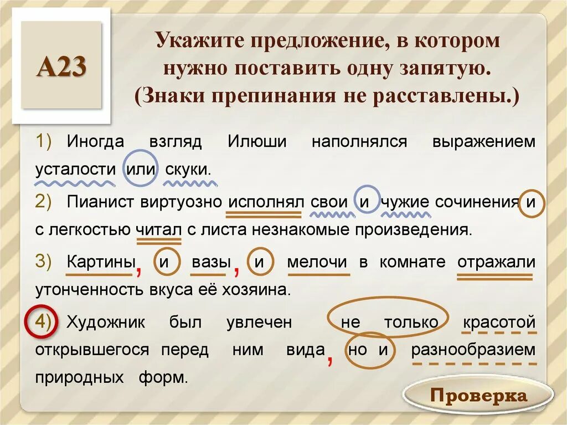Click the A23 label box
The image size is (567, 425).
62,67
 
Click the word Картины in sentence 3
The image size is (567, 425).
101,262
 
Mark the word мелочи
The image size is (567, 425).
317,262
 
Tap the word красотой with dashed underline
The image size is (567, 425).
498,322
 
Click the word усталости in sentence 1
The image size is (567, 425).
75,168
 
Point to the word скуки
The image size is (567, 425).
188,168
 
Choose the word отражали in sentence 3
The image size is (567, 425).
496,262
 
